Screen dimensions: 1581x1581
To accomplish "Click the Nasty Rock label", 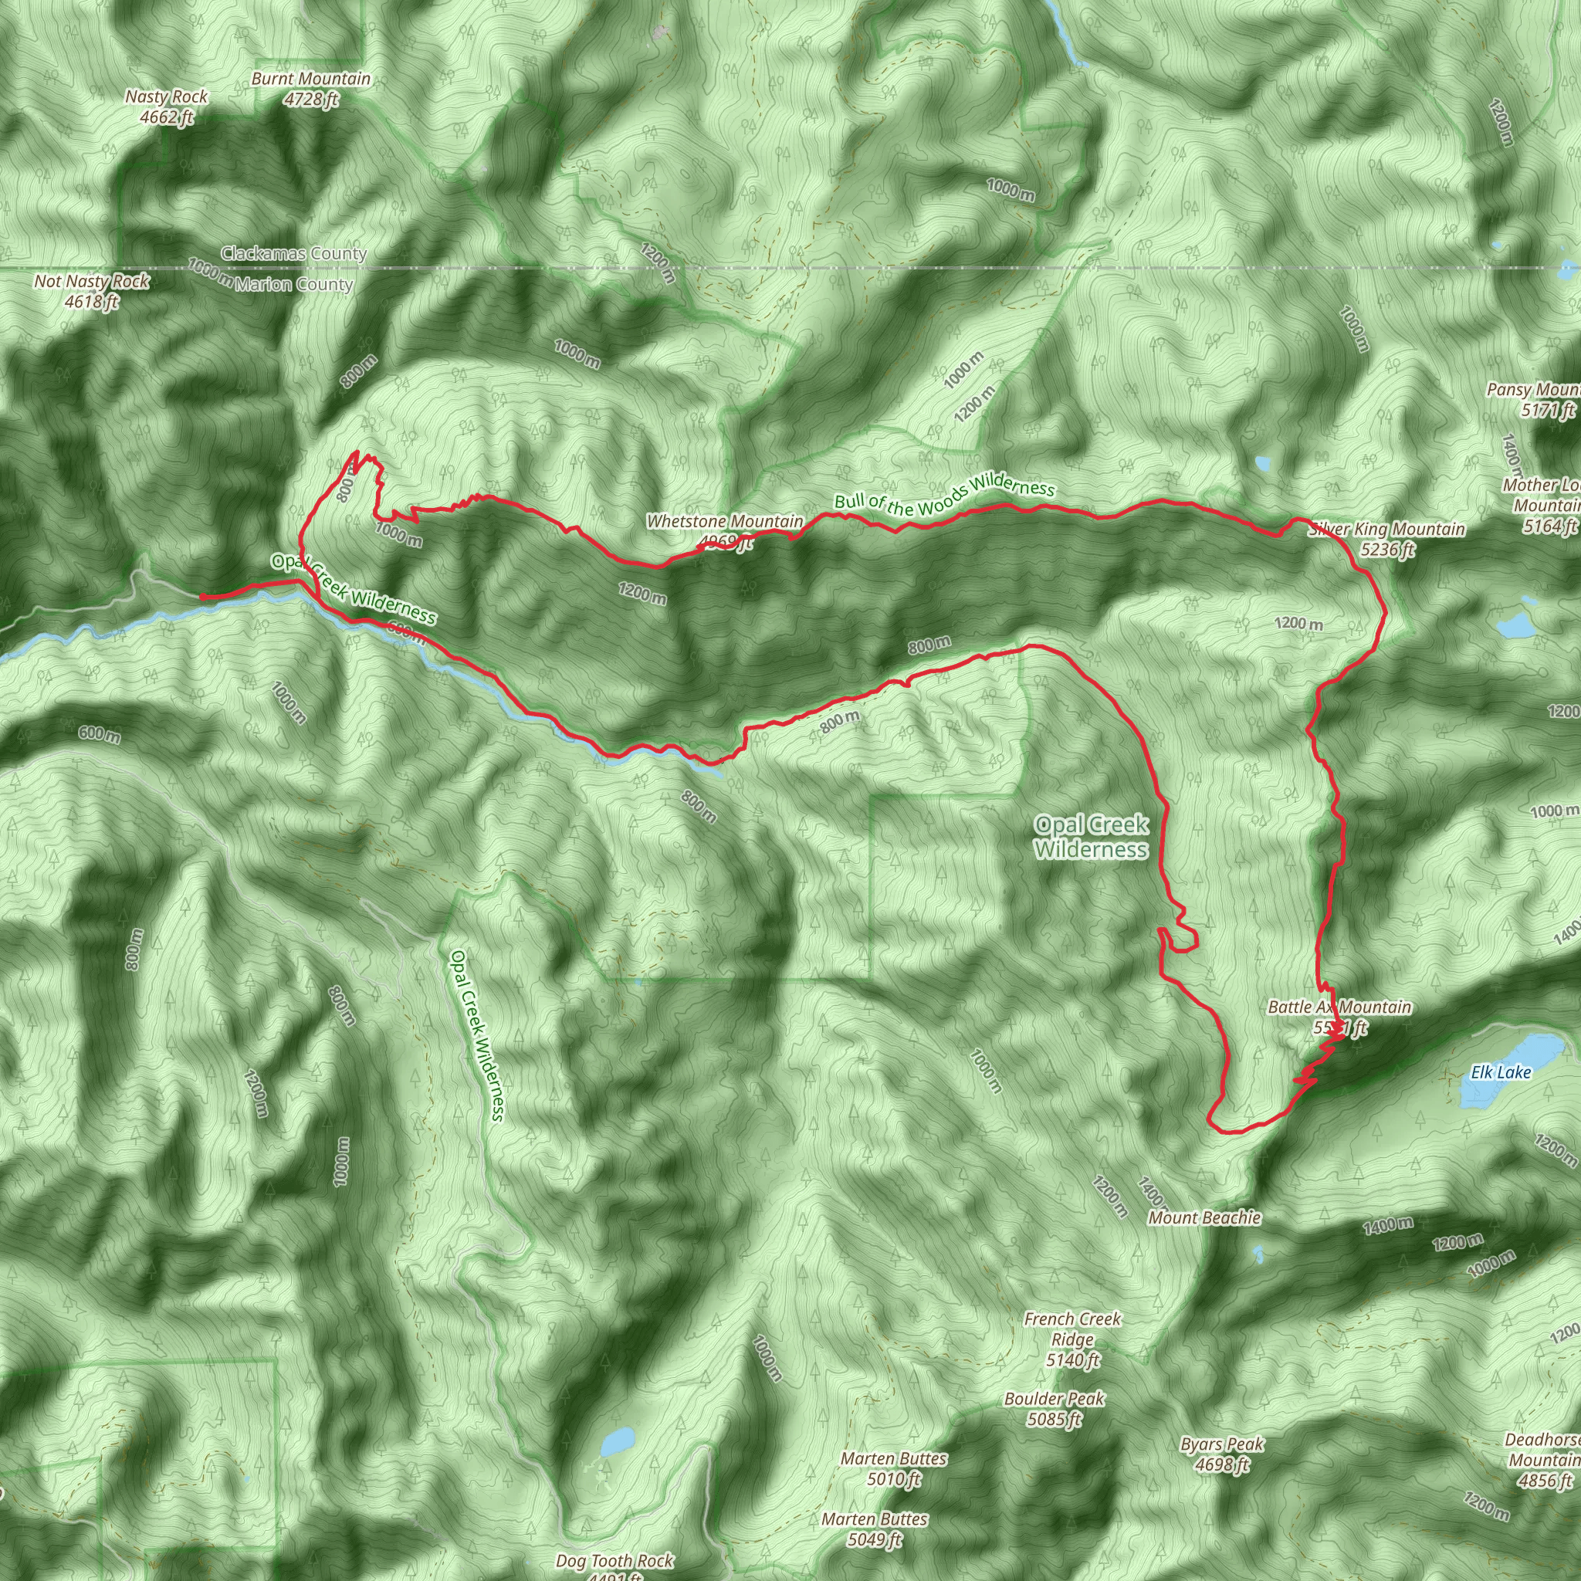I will pyautogui.click(x=166, y=107).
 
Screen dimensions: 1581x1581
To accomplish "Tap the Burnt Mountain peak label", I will pyautogui.click(x=310, y=88).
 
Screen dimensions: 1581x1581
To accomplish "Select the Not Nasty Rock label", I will pyautogui.click(x=92, y=291).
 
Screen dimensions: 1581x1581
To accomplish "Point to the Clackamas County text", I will pyautogui.click(x=294, y=254).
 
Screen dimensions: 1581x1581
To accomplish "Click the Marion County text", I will pyautogui.click(x=294, y=285).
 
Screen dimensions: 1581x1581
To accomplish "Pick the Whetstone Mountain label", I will pyautogui.click(x=724, y=530).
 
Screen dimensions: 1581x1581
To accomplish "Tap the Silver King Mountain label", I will pyautogui.click(x=1386, y=539).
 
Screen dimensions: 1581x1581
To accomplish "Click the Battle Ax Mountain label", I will pyautogui.click(x=1339, y=1017).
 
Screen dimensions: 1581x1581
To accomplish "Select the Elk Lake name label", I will pyautogui.click(x=1500, y=1072).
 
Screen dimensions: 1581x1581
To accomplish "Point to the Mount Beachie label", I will pyautogui.click(x=1204, y=1217).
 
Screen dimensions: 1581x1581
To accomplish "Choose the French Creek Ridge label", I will pyautogui.click(x=1072, y=1339).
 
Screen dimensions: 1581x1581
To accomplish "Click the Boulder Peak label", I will pyautogui.click(x=1054, y=1408).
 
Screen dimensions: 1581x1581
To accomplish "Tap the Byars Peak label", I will pyautogui.click(x=1222, y=1454).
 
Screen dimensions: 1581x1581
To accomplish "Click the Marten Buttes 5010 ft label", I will pyautogui.click(x=894, y=1468).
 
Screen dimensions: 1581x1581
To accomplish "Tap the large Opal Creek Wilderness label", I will pyautogui.click(x=1091, y=836).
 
